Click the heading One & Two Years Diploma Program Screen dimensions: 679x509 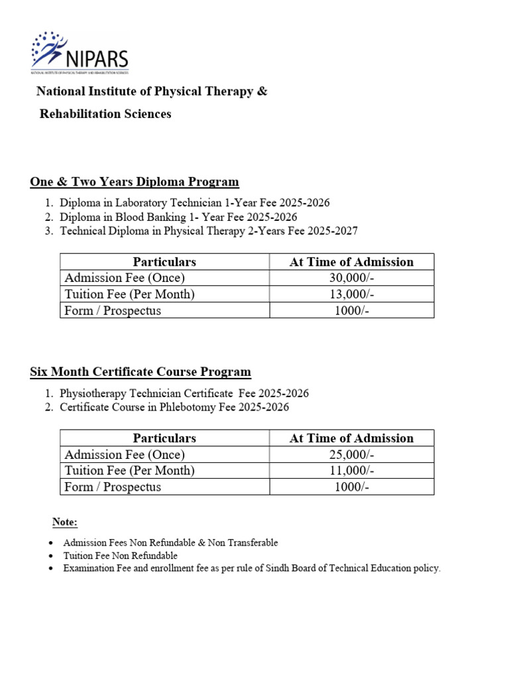135,182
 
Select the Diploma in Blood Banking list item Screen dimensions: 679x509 178,217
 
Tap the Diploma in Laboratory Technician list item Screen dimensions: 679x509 194,203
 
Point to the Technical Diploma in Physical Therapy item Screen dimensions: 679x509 208,231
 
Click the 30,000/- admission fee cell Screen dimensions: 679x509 351,278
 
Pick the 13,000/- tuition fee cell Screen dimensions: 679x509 351,294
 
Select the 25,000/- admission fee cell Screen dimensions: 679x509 351,454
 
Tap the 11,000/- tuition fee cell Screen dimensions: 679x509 351,471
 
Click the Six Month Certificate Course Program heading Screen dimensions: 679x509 141,372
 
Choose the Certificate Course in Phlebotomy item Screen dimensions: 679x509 174,407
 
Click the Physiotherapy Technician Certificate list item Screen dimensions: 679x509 184,393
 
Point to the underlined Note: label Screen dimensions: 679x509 65,522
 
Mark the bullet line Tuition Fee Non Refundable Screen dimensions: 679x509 120,556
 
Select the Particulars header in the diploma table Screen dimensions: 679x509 164,262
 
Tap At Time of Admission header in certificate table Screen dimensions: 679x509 351,438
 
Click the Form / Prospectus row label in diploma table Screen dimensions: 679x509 113,310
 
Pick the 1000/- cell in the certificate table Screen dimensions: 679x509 351,487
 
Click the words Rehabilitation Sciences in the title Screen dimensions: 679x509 105,114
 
